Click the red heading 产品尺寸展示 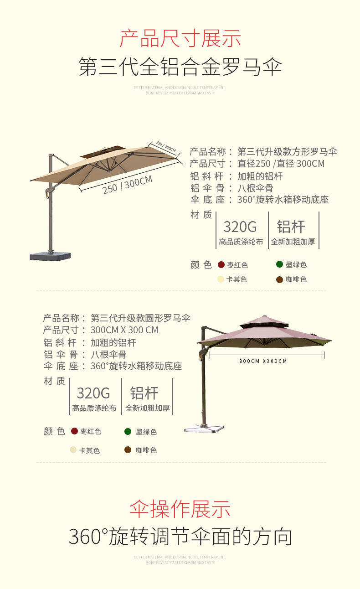[x=180, y=39]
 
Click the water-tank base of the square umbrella [x=50, y=255]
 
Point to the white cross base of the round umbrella [x=204, y=428]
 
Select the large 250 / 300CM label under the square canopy [x=128, y=184]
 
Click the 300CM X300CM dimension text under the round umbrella [x=263, y=361]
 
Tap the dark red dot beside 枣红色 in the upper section [x=221, y=265]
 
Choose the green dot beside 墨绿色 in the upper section [x=279, y=264]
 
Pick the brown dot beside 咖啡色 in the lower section [x=128, y=450]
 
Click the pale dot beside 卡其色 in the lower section [x=73, y=450]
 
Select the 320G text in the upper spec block [x=240, y=227]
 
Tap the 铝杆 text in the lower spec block [x=144, y=393]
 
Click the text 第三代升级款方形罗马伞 [x=287, y=152]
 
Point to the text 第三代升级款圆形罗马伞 [x=140, y=318]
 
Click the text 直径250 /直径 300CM [x=281, y=164]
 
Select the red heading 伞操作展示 [x=180, y=509]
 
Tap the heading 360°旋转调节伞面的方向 [x=180, y=537]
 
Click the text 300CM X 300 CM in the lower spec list [x=124, y=330]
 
